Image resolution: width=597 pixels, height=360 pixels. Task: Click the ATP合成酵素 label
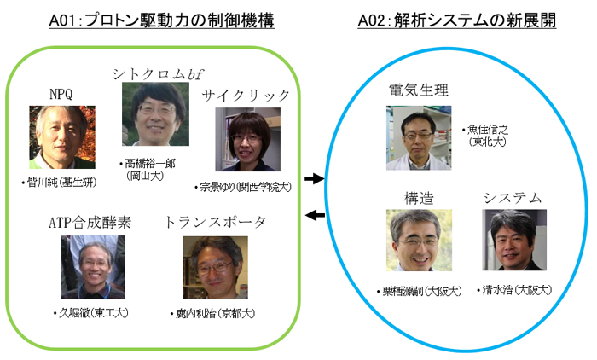click(90, 224)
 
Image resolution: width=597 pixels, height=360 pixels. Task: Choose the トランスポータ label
click(215, 223)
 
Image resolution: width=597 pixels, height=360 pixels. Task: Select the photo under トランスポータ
click(215, 267)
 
